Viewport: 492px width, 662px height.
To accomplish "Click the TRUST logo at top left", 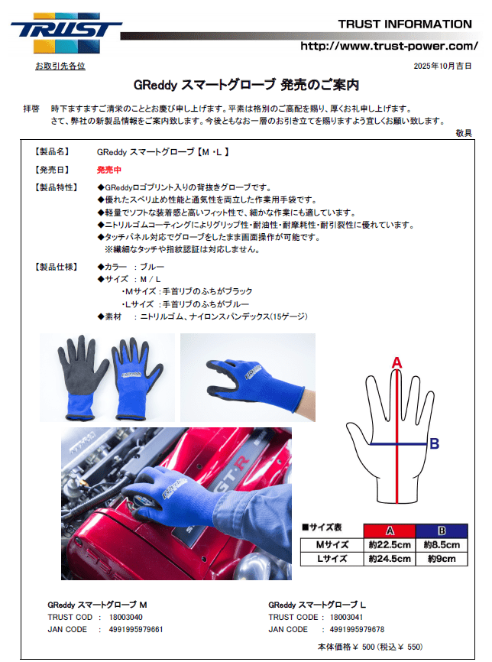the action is pyautogui.click(x=66, y=33).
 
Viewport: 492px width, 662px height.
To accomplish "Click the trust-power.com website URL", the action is pyautogui.click(x=389, y=46).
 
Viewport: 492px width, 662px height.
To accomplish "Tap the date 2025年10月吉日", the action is pyautogui.click(x=442, y=66).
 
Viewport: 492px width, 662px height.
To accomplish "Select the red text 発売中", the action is pyautogui.click(x=108, y=170).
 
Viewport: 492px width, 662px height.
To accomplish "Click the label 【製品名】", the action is pyautogui.click(x=52, y=151).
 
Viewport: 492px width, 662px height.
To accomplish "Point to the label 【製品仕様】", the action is pyautogui.click(x=56, y=267).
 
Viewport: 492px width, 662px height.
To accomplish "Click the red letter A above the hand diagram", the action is pyautogui.click(x=397, y=362).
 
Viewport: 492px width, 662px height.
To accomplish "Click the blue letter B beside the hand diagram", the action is pyautogui.click(x=434, y=443).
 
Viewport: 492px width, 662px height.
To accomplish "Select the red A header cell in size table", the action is pyautogui.click(x=390, y=531).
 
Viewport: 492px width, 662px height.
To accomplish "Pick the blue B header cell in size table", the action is pyautogui.click(x=442, y=531).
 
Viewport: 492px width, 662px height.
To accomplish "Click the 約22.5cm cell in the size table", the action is pyautogui.click(x=390, y=544).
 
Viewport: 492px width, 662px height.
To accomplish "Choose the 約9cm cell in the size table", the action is pyautogui.click(x=442, y=559).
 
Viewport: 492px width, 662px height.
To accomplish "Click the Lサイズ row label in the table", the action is pyautogui.click(x=332, y=559).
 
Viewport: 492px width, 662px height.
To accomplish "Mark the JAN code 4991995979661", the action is pyautogui.click(x=136, y=629).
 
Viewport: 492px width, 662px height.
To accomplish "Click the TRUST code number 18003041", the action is pyautogui.click(x=346, y=617).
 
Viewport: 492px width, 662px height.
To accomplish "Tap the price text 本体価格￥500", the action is pyautogui.click(x=346, y=647).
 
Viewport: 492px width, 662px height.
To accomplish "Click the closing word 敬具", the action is pyautogui.click(x=464, y=133).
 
